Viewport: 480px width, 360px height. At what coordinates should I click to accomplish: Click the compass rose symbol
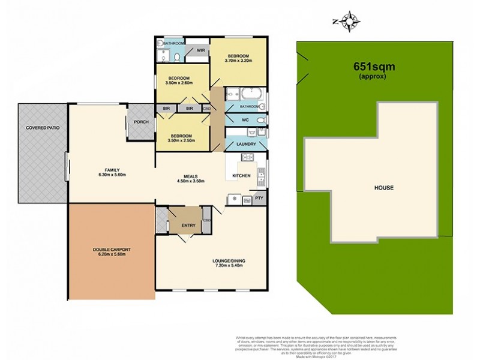tap(347, 22)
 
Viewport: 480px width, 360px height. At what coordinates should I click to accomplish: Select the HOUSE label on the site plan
tap(384, 188)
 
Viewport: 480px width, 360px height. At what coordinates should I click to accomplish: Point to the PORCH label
tap(142, 122)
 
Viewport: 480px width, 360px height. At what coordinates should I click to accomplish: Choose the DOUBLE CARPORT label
tap(112, 249)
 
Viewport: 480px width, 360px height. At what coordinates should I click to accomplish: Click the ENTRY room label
tap(188, 225)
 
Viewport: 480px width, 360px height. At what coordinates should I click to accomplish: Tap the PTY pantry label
tap(259, 197)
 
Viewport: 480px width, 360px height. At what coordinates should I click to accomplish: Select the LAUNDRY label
tap(246, 144)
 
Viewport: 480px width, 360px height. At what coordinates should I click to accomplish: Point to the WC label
tap(245, 120)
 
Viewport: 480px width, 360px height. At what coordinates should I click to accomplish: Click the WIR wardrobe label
tap(201, 50)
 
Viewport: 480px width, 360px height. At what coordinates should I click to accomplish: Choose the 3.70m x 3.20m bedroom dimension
tap(239, 61)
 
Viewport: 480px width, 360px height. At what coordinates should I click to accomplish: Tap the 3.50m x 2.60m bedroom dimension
tap(179, 84)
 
